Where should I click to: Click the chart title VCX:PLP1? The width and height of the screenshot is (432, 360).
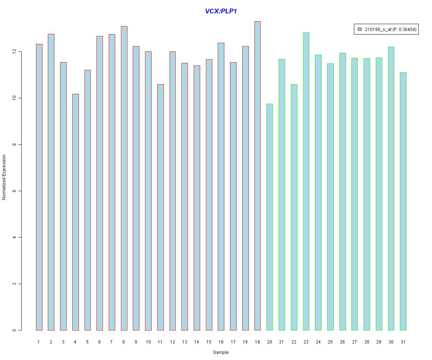click(221, 11)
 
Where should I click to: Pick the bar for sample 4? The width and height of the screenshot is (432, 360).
click(75, 212)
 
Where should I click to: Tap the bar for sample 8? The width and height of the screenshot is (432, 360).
click(124, 178)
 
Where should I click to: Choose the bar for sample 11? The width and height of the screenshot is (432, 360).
click(160, 207)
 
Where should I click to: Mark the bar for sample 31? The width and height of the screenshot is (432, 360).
click(403, 201)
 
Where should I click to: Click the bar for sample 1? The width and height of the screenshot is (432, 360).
click(39, 187)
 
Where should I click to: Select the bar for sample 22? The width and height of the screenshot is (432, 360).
click(294, 207)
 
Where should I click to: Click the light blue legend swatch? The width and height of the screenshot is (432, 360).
click(359, 30)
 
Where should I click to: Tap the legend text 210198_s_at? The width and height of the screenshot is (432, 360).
click(378, 30)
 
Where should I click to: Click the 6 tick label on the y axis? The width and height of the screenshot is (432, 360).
click(15, 191)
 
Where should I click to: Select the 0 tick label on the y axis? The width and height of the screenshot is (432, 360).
click(15, 330)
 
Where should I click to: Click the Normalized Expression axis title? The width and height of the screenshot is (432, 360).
click(4, 177)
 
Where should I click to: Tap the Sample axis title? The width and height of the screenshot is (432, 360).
click(221, 352)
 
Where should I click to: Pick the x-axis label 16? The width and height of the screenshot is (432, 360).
click(221, 342)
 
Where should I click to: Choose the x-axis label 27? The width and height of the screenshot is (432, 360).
click(355, 342)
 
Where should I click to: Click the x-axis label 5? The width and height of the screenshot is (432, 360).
click(87, 342)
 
